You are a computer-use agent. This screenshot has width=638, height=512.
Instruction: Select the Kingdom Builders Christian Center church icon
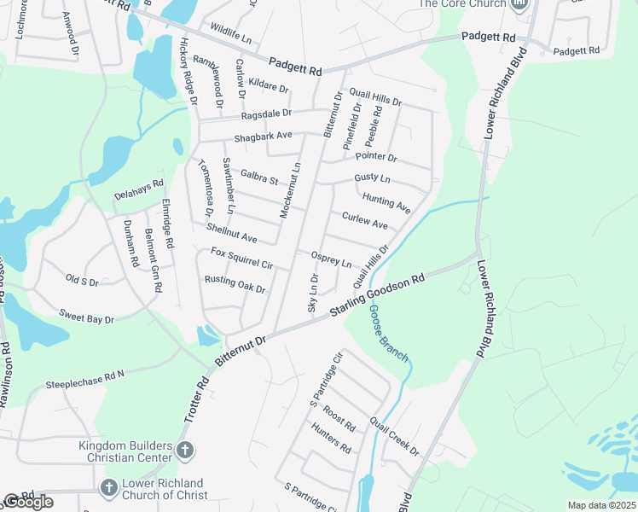[x=187, y=450]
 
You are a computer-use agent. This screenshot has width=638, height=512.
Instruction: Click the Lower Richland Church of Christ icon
[x=107, y=488]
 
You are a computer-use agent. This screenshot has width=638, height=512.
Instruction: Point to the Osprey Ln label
[x=331, y=260]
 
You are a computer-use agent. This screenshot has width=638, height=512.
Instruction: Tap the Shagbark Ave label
[x=264, y=136]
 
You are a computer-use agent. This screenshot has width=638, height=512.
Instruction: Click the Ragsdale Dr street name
[x=266, y=113]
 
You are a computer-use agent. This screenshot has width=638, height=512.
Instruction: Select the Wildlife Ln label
[x=230, y=39]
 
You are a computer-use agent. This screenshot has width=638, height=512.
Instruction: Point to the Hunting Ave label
[x=386, y=203]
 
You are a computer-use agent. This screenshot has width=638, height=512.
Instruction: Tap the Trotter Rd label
[x=196, y=402]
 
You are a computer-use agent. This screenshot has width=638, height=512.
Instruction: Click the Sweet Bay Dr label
[x=87, y=317]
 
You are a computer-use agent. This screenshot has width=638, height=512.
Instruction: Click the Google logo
[x=28, y=502]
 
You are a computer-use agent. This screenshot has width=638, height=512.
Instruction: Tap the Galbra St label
[x=260, y=177]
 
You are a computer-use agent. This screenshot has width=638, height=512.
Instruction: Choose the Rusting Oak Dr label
[x=235, y=284]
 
